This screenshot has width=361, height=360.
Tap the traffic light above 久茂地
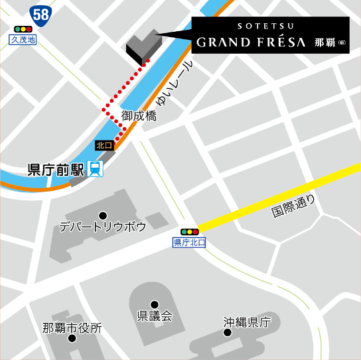(x=23, y=30)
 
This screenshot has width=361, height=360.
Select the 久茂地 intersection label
(x=23, y=40)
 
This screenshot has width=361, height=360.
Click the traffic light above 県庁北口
(x=190, y=232)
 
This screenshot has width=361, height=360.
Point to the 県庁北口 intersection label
(x=190, y=243)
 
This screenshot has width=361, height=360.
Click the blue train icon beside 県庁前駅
(x=96, y=169)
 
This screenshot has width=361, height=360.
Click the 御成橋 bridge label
(x=139, y=116)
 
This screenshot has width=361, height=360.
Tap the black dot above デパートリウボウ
(x=103, y=215)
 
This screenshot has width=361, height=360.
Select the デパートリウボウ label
(x=102, y=227)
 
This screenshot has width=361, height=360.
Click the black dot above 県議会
(x=154, y=304)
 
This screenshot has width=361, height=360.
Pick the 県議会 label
(x=155, y=316)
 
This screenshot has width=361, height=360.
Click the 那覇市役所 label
(x=72, y=328)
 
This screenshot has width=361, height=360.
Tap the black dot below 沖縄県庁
(x=228, y=333)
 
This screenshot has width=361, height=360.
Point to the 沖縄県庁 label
(x=248, y=322)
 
